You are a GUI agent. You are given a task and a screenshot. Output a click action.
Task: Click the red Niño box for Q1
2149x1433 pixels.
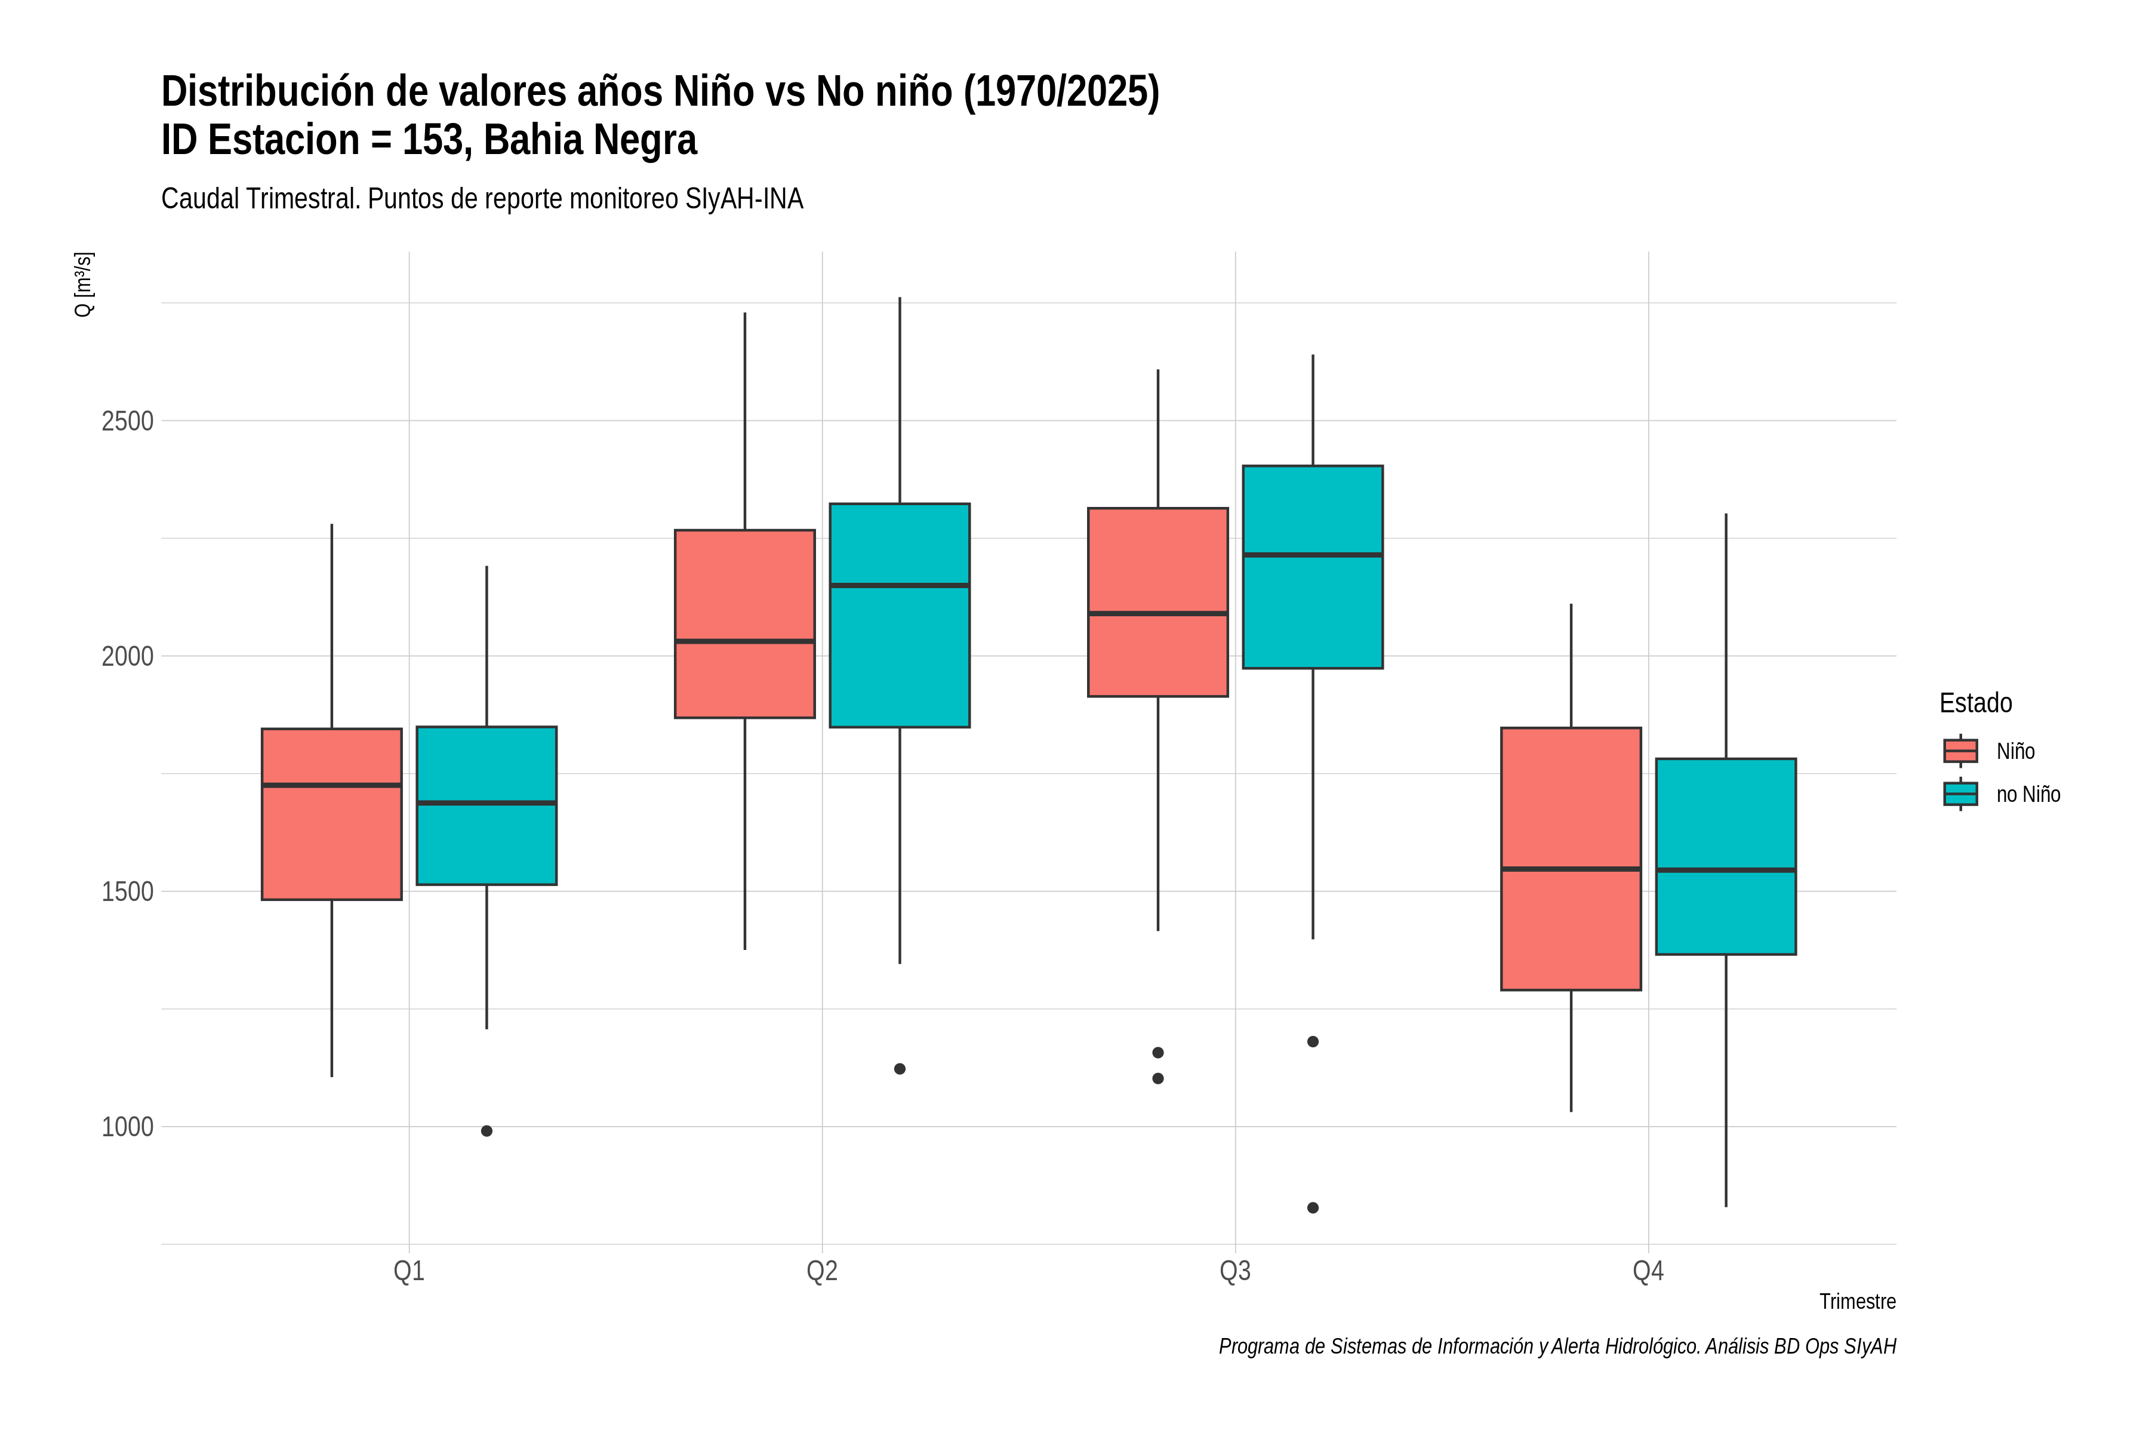tap(332, 814)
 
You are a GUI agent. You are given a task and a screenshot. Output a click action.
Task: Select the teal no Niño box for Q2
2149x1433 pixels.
tap(900, 615)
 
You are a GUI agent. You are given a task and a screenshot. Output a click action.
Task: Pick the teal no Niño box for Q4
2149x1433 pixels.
tap(1726, 856)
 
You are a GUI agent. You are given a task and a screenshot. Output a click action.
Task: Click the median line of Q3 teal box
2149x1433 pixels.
tap(1313, 555)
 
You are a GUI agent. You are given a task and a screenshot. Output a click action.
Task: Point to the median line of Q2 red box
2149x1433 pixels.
tap(744, 641)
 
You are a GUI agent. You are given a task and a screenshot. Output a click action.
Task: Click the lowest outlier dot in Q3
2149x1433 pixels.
tap(1313, 1208)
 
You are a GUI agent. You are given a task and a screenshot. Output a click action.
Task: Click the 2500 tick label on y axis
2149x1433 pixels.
tap(127, 422)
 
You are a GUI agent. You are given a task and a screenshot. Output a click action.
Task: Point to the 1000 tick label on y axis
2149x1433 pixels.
tap(127, 1127)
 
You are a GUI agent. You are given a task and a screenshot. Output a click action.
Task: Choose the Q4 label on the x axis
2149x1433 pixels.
tap(1648, 1271)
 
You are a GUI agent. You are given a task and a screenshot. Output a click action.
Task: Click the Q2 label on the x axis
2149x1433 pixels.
tap(823, 1271)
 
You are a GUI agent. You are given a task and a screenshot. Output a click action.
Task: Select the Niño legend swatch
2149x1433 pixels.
tap(1961, 751)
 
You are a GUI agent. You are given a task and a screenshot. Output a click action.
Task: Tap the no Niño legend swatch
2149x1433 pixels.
tap(1961, 794)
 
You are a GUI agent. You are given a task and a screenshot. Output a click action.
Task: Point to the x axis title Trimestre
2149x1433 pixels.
tap(1858, 1302)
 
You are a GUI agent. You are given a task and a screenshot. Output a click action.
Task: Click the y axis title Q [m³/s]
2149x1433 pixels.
tap(83, 284)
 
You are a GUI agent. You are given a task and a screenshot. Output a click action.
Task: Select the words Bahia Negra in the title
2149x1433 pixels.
tap(590, 140)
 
